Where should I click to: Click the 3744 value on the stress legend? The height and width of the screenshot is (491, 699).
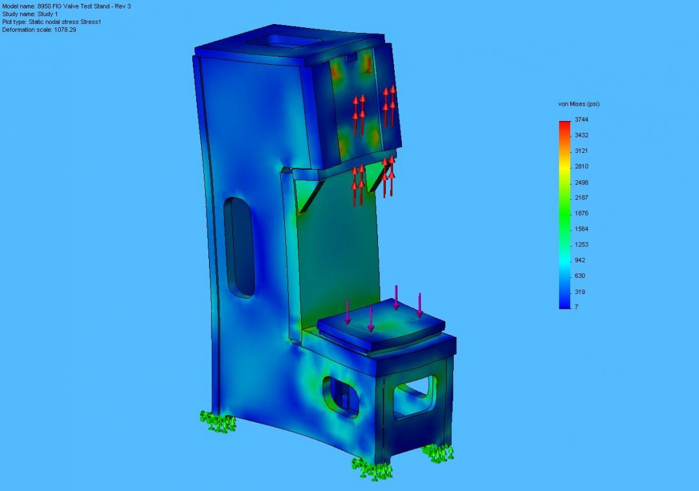(x=581, y=120)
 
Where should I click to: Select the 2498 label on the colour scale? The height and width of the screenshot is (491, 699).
(x=581, y=183)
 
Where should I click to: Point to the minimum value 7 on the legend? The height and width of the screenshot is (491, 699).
(x=577, y=307)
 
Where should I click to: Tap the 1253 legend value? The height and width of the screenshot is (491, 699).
(x=581, y=245)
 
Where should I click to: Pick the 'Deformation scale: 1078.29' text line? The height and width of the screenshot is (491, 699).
(x=39, y=30)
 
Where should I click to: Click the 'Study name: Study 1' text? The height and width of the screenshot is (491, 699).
(x=30, y=14)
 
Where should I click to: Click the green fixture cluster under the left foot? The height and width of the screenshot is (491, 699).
(x=217, y=422)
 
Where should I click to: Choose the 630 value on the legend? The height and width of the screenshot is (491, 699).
(x=579, y=276)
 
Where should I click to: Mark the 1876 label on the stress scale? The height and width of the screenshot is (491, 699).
(x=581, y=214)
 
